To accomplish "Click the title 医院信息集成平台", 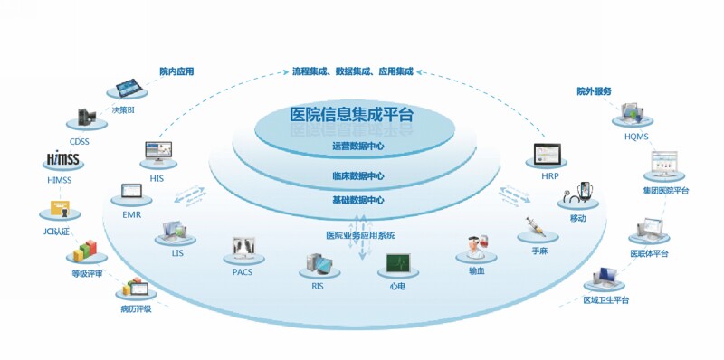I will [352, 115].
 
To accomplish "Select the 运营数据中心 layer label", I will [352, 146].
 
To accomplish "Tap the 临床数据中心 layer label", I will [352, 176].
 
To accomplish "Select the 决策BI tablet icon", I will [132, 89].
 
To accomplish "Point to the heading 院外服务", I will [594, 91].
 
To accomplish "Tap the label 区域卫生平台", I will [606, 299].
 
